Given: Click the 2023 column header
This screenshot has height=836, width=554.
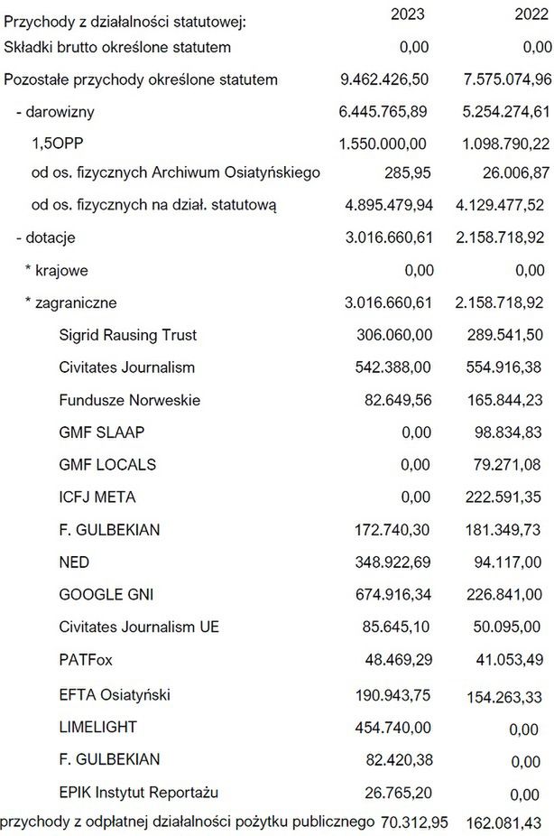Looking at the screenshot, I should [x=406, y=14].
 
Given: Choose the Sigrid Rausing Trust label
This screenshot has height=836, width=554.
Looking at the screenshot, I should [x=127, y=335].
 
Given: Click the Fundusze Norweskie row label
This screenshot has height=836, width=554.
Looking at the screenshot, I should [x=129, y=400].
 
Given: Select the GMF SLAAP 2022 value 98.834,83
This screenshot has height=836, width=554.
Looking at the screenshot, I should [x=510, y=432].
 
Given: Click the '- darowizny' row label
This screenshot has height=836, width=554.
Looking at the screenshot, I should [x=55, y=113].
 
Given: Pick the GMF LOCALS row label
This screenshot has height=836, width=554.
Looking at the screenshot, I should [x=107, y=464].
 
